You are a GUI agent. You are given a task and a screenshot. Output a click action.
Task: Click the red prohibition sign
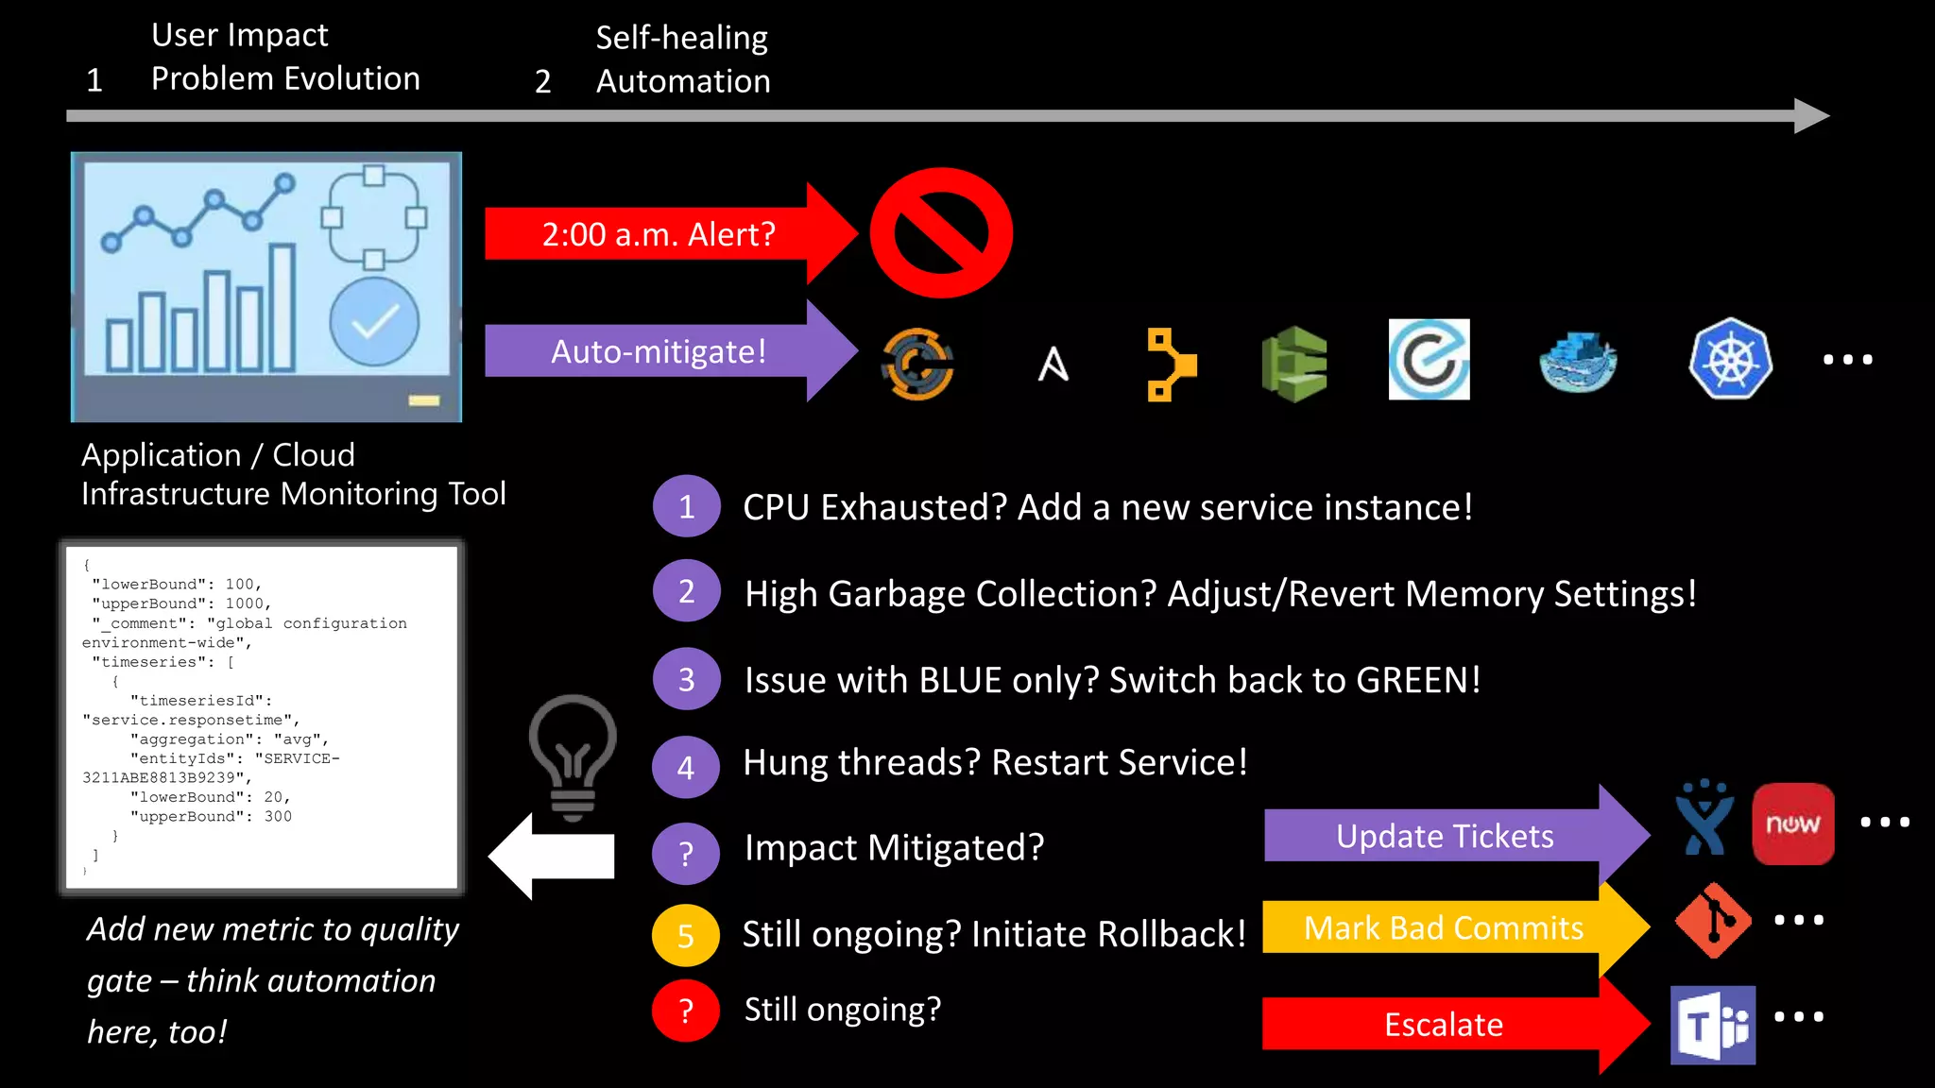[x=941, y=232]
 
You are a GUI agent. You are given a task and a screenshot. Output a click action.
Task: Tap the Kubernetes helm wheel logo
[x=1730, y=360]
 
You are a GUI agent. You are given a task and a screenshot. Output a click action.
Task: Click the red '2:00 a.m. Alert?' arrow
[x=659, y=233]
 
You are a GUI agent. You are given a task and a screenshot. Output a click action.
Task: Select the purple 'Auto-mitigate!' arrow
[x=659, y=351]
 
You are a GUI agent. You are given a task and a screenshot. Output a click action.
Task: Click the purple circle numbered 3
[x=686, y=679]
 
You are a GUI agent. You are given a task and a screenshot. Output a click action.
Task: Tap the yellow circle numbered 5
[x=686, y=935]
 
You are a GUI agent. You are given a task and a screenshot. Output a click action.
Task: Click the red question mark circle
[x=686, y=1011]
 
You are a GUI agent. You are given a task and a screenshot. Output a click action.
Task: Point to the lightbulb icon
[x=573, y=756]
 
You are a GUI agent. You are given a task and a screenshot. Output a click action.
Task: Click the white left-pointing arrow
[x=553, y=856]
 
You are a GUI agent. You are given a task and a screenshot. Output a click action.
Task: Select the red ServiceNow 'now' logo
[x=1792, y=824]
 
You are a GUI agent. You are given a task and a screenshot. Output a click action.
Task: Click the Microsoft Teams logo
[x=1713, y=1025]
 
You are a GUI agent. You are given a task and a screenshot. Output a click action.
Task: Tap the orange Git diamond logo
[x=1712, y=921]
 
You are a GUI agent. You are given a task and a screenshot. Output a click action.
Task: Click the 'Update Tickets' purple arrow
[x=1446, y=836]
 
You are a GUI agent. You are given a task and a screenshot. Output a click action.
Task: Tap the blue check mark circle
[x=374, y=322]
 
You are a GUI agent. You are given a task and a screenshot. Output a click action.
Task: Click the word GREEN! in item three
[x=1417, y=680]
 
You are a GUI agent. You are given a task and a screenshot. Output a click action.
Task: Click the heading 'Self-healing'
[x=681, y=38]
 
